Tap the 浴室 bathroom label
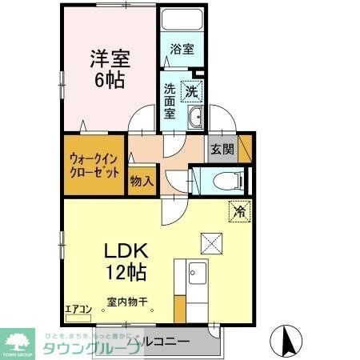pyautogui.click(x=181, y=49)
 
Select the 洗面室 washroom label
pyautogui.click(x=170, y=101)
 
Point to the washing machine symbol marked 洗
pyautogui.click(x=192, y=92)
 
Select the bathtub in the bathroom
pyautogui.click(x=181, y=20)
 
